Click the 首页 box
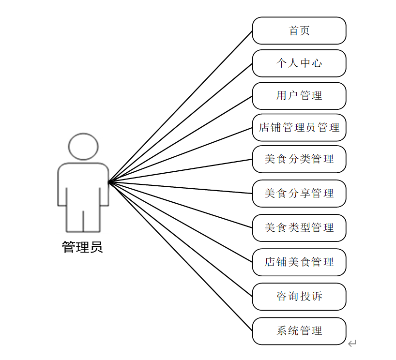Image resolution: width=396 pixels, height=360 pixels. [299, 30]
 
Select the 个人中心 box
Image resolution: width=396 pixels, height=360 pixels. [299, 63]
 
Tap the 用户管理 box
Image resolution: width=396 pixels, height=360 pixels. [299, 95]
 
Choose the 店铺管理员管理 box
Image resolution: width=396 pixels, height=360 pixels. [299, 128]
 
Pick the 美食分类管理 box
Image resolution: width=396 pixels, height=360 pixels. [299, 159]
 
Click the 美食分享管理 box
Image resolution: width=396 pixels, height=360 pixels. [299, 194]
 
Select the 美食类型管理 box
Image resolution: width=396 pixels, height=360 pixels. [299, 227]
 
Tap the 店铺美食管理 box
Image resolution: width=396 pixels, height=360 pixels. [299, 262]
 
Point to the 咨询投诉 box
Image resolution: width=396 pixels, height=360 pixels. [299, 297]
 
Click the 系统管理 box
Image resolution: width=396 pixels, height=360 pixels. [299, 331]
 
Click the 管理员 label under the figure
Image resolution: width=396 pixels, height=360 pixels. [82, 247]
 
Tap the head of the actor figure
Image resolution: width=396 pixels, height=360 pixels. [83, 146]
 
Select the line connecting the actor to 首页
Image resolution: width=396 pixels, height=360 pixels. [180, 106]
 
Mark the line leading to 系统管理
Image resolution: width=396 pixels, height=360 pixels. [180, 256]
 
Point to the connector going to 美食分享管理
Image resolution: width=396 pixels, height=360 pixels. [180, 188]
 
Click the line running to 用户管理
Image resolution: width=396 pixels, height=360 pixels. [180, 139]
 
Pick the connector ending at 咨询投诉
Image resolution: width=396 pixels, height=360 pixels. [180, 240]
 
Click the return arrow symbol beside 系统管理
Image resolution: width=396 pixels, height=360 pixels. [352, 344]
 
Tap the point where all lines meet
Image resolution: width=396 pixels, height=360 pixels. [109, 182]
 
